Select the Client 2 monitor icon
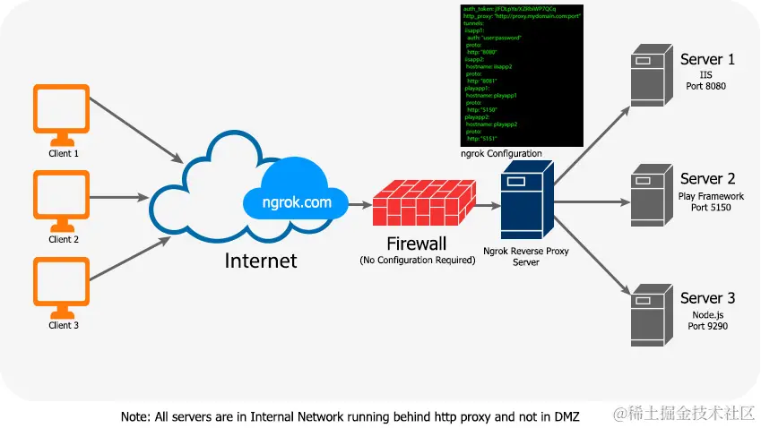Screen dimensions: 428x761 tap(61, 199)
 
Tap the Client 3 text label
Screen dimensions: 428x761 tap(64, 325)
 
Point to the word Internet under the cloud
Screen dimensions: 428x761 tap(260, 261)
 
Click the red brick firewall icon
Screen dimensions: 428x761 tap(423, 204)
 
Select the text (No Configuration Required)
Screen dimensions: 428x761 tap(417, 261)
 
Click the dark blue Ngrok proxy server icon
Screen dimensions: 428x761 tap(525, 202)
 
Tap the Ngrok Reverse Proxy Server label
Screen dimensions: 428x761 tap(525, 257)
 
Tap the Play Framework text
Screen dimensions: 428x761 tap(711, 195)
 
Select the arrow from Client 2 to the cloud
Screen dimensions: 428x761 tap(119, 197)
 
